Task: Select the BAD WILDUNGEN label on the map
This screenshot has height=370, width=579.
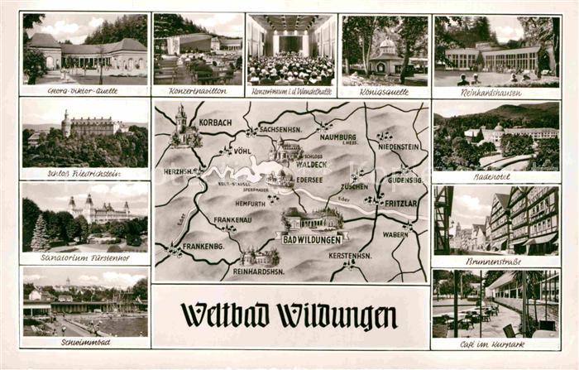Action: click(x=312, y=239)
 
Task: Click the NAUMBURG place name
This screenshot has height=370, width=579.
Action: click(x=337, y=139)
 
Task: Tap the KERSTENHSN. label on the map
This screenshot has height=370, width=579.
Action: click(x=349, y=256)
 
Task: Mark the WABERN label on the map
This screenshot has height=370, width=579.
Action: click(x=395, y=234)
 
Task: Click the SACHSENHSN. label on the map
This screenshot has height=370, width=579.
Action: click(x=279, y=130)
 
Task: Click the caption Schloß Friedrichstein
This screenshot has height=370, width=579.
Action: click(x=84, y=174)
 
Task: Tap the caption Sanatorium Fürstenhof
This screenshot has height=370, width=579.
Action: click(x=84, y=257)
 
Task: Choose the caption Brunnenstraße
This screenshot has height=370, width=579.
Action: click(x=495, y=260)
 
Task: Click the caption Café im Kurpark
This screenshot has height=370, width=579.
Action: click(x=495, y=343)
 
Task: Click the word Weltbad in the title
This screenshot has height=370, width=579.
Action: click(x=225, y=315)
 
